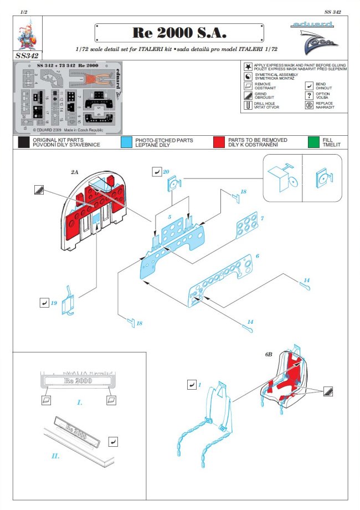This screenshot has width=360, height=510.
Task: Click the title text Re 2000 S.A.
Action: click(x=180, y=33)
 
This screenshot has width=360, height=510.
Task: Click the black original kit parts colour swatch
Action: click(x=24, y=142)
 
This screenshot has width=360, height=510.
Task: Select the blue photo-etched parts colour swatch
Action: click(x=127, y=142)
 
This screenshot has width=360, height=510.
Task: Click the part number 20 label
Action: click(x=167, y=172)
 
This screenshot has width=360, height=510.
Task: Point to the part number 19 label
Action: click(x=54, y=303)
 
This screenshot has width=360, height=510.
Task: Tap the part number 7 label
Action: click(x=262, y=220)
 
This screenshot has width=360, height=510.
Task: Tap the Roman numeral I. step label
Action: click(x=79, y=402)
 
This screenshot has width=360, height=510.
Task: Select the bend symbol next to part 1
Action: click(x=192, y=384)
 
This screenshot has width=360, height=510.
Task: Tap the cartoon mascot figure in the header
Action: click(x=25, y=34)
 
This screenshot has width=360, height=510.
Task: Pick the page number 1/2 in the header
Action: click(x=24, y=11)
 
